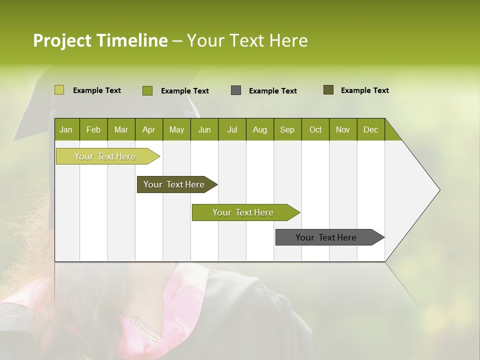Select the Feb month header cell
pos(93,129)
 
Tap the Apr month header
pos(149,129)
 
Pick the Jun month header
pos(204,129)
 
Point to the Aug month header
pos(260,129)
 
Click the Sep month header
pos(287,129)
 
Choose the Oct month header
pos(315,129)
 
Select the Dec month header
pos(371,129)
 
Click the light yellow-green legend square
pos(59,90)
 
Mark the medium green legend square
pos(147,90)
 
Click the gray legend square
pos(236,90)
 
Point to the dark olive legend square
pos(328,90)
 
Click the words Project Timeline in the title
pos(100,40)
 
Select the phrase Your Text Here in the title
pos(247,40)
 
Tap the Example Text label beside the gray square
pos(273,91)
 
